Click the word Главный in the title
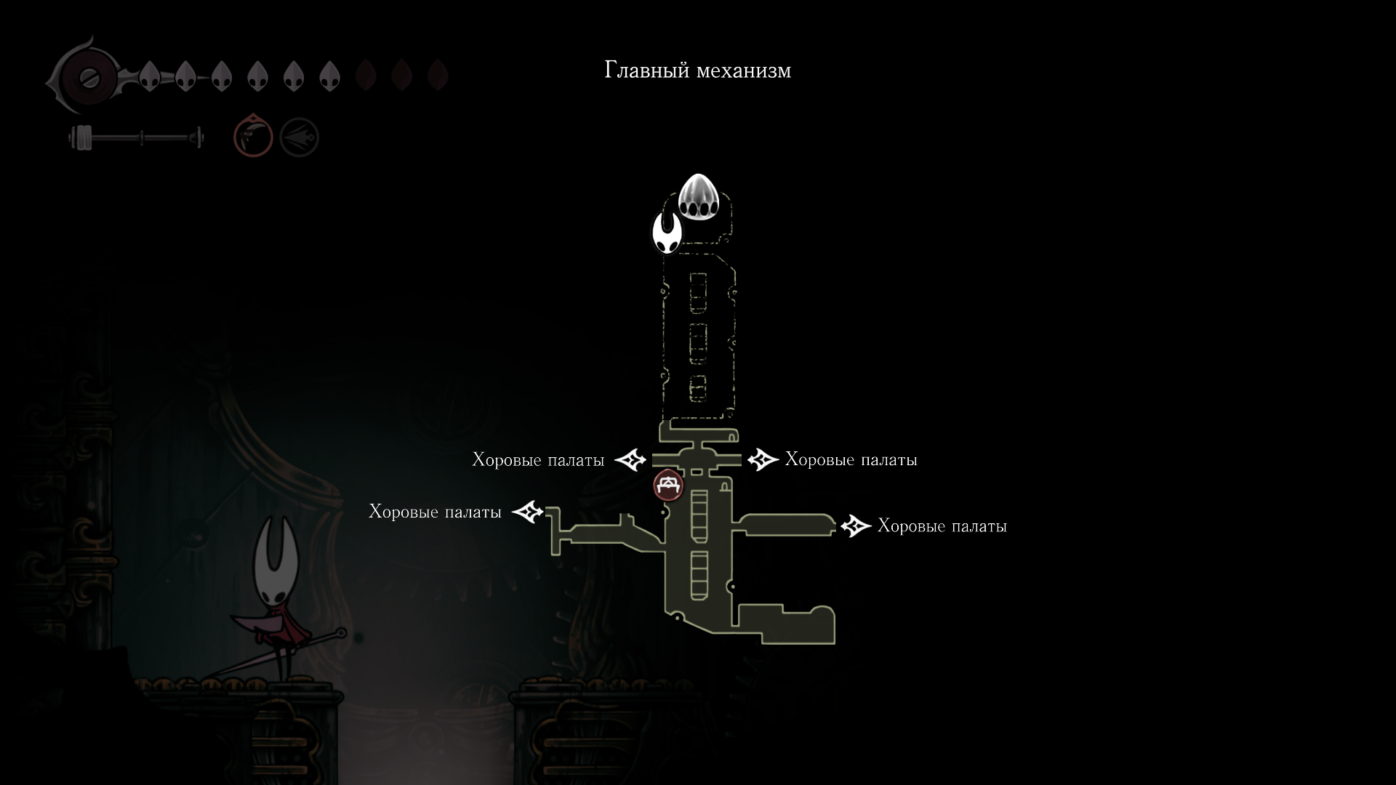647,71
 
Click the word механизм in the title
744,71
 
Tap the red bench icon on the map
668,486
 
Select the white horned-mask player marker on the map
667,233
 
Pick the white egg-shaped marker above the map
698,197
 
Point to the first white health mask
150,76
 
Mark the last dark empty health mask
437,76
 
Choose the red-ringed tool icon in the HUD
253,137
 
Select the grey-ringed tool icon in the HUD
299,137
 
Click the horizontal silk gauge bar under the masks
138,137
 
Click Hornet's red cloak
276,625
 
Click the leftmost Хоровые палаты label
435,512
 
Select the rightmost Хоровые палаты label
942,526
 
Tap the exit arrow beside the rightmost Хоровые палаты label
856,526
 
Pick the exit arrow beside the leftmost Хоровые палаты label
528,512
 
